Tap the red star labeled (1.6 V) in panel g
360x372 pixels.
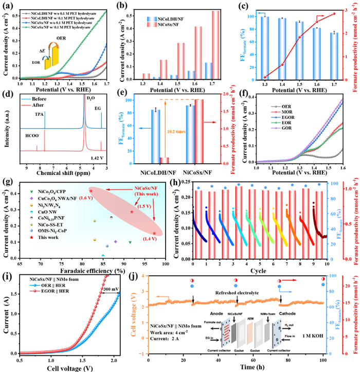[91, 191]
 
